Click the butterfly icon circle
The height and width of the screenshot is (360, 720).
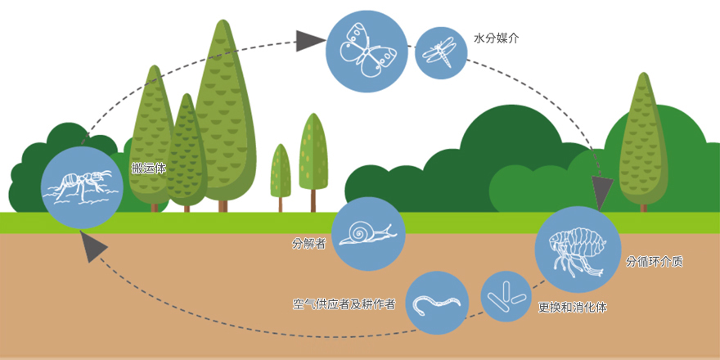pos(367,51)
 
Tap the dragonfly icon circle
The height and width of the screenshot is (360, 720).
pos(441,53)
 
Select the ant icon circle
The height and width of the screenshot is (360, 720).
pos(83,187)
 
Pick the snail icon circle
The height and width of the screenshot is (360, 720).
pos(368,234)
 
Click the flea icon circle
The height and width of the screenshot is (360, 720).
pos(578,250)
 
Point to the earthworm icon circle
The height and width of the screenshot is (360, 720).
pos(437,303)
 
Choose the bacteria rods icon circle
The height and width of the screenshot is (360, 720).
pos(506,296)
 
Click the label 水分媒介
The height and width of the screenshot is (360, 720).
pos(496,38)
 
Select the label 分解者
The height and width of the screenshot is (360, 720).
pos(309,243)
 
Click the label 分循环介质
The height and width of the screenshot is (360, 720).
pos(655,262)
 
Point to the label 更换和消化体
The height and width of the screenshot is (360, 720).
pos(573,308)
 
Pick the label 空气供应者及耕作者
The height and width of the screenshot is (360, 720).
pos(344,304)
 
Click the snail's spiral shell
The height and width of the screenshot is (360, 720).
pos(358,231)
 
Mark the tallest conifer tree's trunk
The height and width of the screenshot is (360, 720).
pos(223,205)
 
